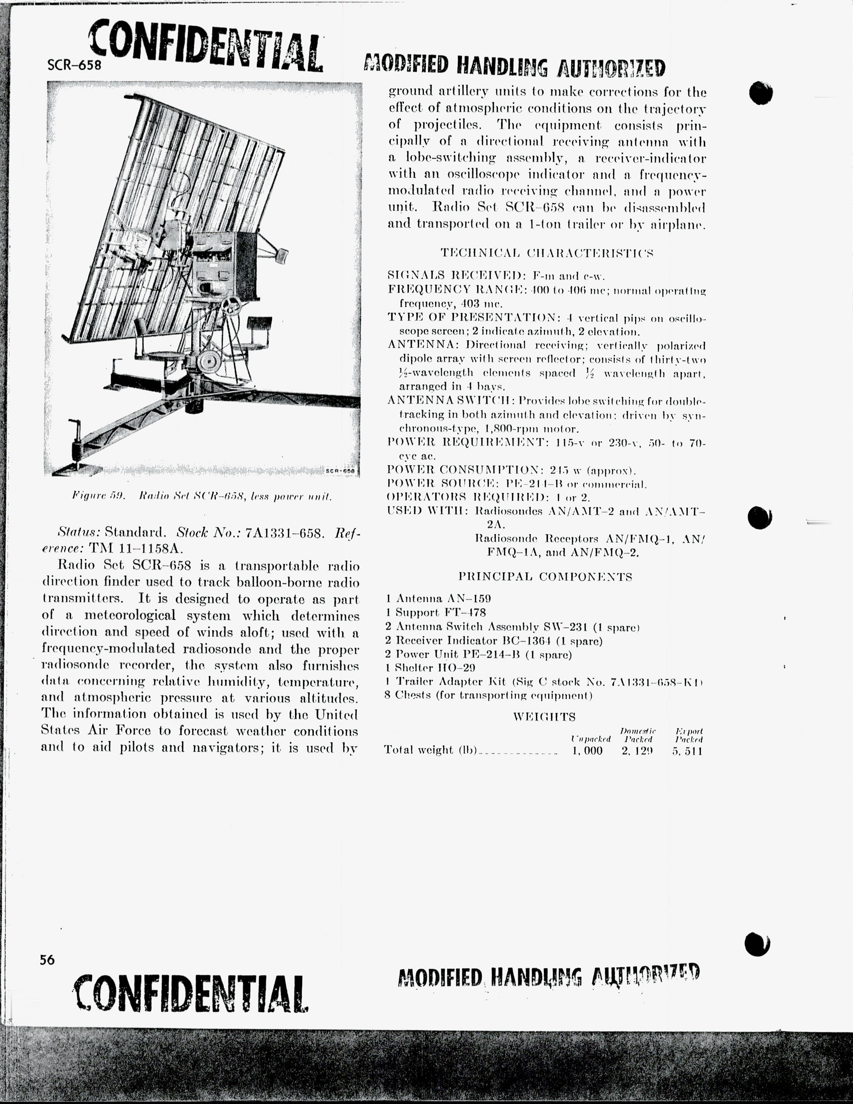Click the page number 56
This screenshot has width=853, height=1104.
(x=47, y=959)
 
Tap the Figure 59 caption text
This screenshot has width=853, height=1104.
(x=202, y=496)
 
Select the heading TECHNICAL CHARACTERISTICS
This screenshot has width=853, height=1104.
(x=547, y=252)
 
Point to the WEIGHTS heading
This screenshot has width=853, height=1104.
(x=544, y=717)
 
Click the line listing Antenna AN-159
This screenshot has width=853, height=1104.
(x=438, y=599)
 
